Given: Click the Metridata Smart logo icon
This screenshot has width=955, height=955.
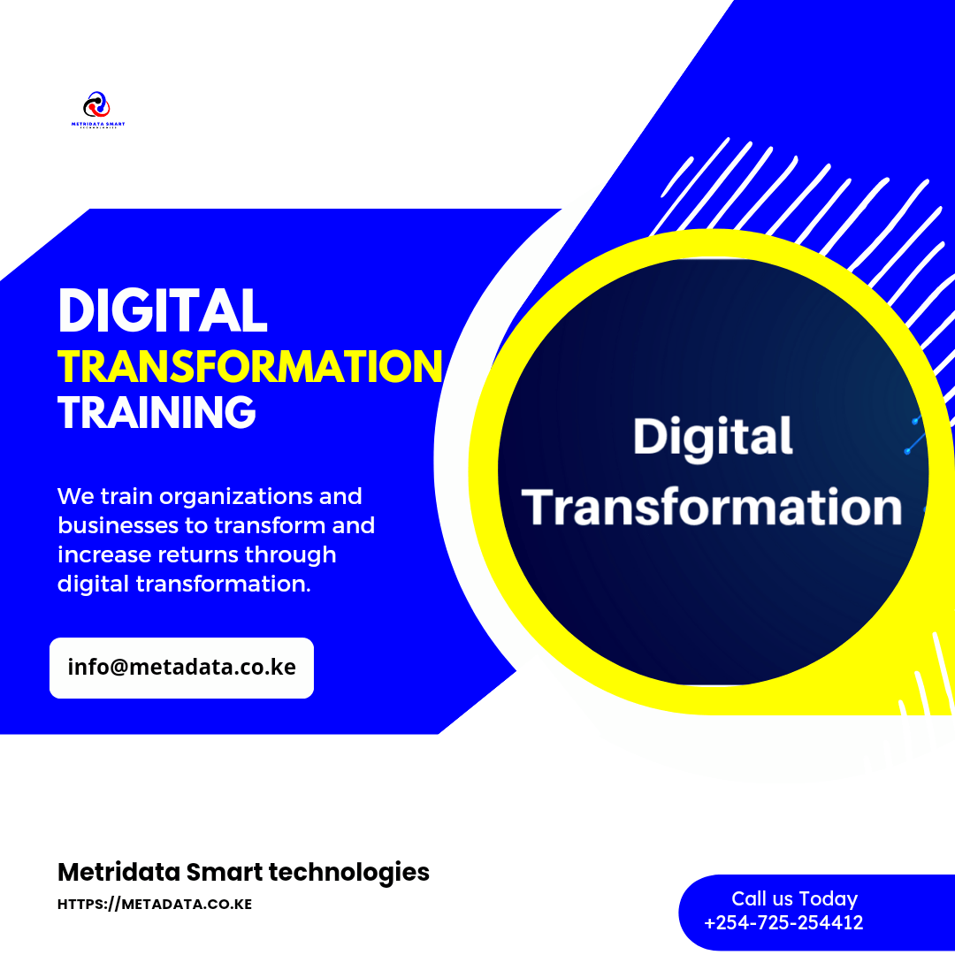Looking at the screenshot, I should [97, 104].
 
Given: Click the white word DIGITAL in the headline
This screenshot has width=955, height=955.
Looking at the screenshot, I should [162, 311].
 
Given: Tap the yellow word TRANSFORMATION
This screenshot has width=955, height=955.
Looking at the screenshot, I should [250, 366].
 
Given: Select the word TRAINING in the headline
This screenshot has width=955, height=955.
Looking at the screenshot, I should [157, 413].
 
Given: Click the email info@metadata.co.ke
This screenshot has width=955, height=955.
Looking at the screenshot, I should [181, 667].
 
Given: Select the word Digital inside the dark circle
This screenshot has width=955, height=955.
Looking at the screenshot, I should [713, 438].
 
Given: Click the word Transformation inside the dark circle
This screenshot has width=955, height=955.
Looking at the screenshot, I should [713, 507].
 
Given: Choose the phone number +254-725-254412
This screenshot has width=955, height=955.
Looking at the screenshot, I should [783, 923].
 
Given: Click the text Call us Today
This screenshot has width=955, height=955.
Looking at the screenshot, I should [794, 898].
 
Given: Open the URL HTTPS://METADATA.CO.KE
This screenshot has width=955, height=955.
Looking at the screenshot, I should [155, 905].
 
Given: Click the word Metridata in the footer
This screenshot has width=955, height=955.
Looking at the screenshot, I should [118, 872].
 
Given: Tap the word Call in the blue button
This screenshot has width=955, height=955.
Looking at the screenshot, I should [748, 898].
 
